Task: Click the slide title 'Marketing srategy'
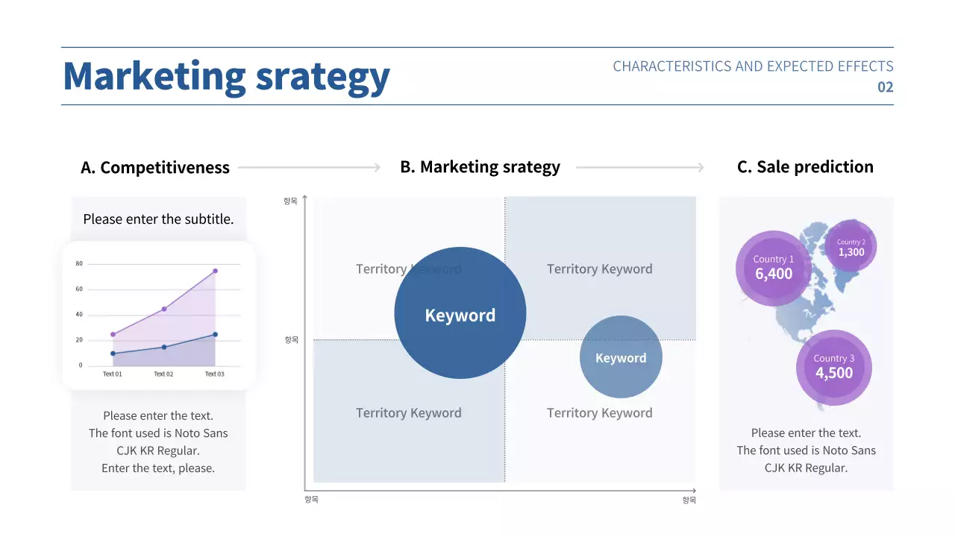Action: point(226,76)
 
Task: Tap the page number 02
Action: point(885,87)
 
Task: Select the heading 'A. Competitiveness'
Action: point(155,168)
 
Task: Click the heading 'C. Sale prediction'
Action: point(805,167)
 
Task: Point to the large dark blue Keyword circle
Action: point(460,313)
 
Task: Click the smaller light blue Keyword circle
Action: point(621,357)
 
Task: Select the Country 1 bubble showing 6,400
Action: point(774,268)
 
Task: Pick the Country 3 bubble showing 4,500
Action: point(833,367)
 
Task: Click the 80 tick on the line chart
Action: point(79,264)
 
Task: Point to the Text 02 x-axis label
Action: point(163,374)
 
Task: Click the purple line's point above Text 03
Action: point(215,271)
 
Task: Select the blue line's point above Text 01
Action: point(113,354)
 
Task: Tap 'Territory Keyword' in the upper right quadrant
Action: point(599,269)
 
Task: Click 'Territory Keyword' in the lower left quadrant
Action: point(408,413)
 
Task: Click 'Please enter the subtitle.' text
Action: point(158,219)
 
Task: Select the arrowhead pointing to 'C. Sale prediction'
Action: point(700,168)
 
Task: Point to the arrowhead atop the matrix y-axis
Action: point(305,198)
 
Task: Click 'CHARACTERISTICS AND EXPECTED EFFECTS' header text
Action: point(753,66)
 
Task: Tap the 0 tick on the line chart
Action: point(81,365)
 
